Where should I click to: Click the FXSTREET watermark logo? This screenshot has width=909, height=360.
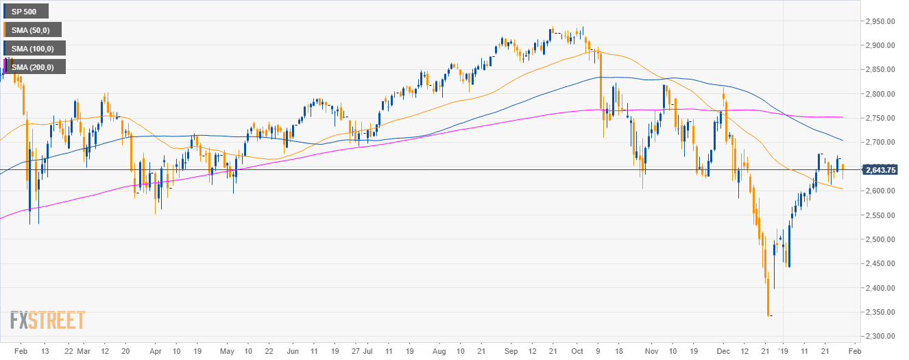[x=47, y=320]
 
